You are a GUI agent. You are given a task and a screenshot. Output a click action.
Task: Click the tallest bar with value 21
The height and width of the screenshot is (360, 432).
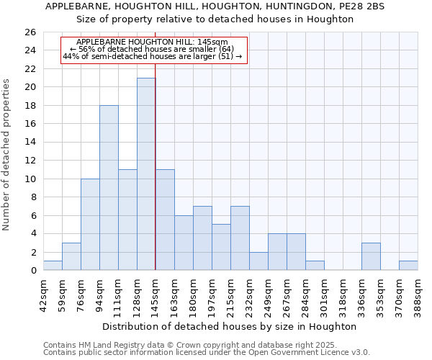coord(146,174)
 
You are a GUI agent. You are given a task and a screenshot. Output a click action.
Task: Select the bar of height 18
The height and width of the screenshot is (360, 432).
coord(109,188)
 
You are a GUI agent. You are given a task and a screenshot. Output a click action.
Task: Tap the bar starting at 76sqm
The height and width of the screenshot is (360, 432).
coord(90,225)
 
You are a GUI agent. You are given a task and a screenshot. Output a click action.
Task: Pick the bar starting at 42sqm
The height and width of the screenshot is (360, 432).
coord(53,266)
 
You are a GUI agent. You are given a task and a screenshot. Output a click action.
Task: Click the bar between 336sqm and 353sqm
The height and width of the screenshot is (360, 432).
coord(371,257)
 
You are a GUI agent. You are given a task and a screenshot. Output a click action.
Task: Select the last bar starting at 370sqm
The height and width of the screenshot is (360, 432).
coord(408,266)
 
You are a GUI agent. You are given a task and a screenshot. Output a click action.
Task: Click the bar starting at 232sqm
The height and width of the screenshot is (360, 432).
coord(258,261)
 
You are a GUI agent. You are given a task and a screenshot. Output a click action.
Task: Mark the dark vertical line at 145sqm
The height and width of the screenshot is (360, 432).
coord(156,166)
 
